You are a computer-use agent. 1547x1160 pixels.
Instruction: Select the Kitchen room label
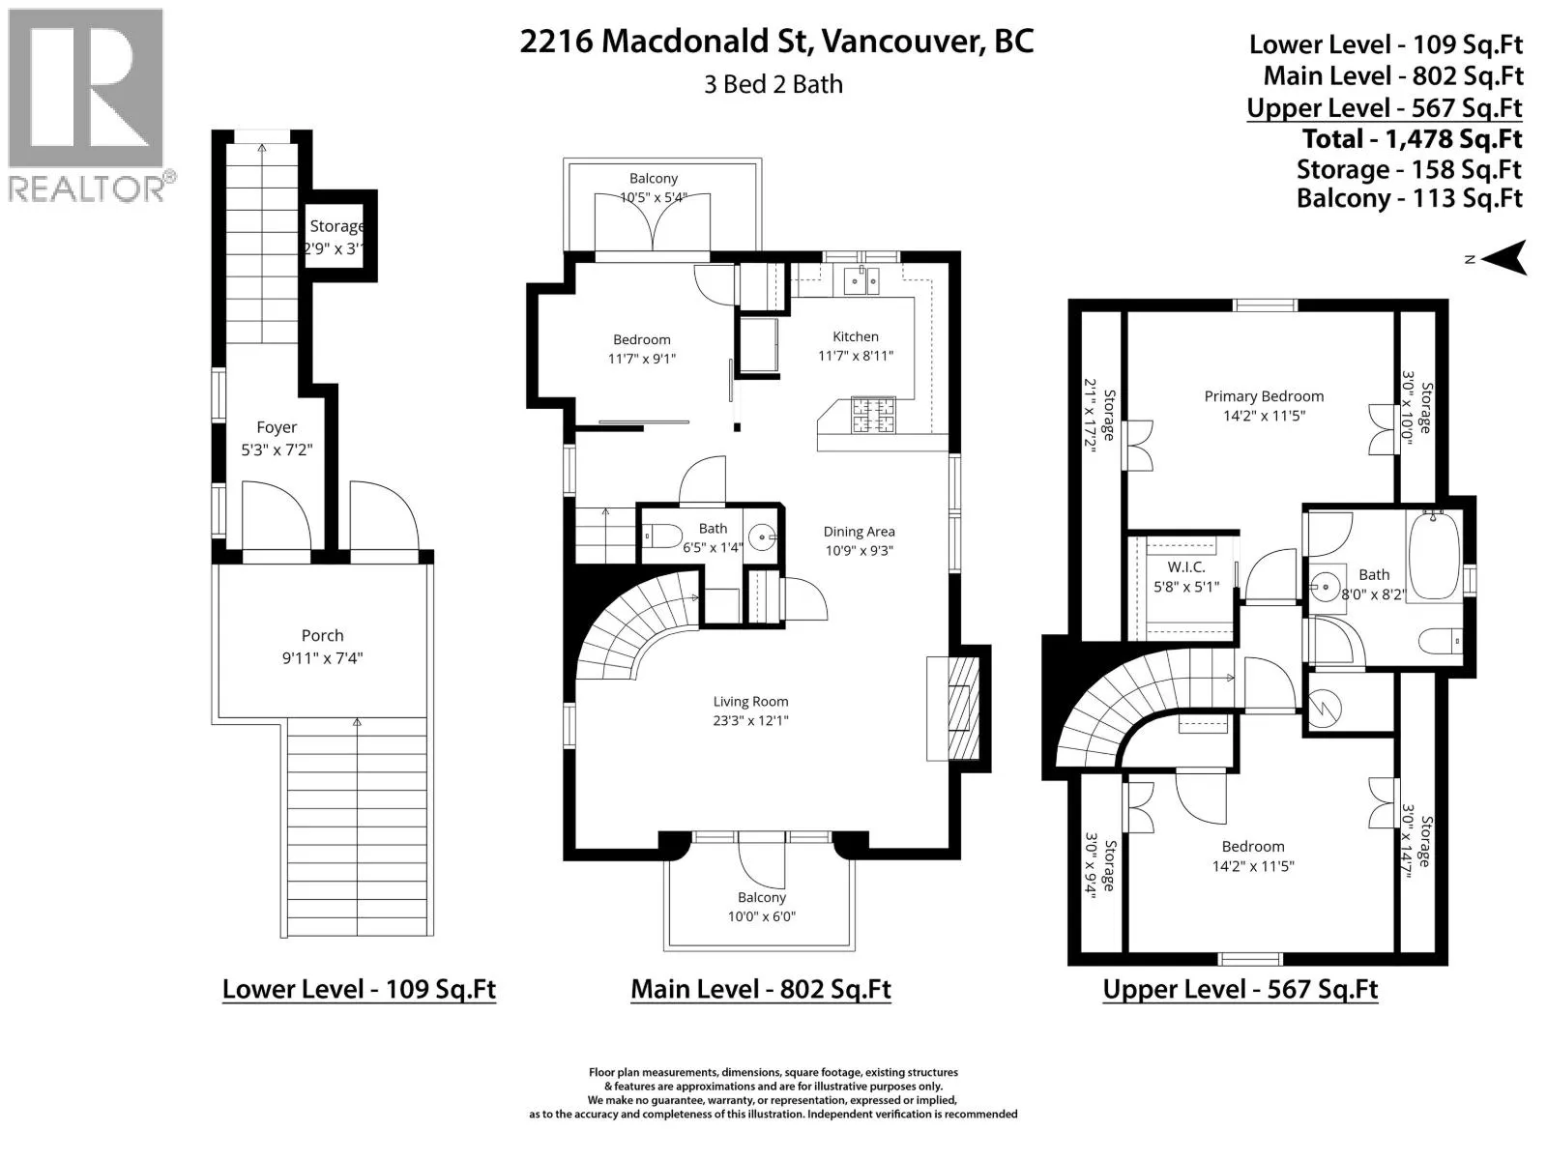tap(856, 336)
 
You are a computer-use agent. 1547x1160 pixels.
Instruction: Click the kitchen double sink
tap(861, 281)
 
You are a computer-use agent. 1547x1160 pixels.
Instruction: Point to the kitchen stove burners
tap(874, 416)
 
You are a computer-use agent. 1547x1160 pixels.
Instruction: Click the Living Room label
tap(750, 702)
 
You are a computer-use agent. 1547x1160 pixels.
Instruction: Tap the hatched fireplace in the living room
tap(963, 709)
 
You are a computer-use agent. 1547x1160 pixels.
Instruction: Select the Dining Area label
tap(860, 532)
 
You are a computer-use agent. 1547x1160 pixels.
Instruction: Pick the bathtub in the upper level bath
tap(1434, 555)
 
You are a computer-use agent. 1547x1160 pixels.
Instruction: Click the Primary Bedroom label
tap(1264, 396)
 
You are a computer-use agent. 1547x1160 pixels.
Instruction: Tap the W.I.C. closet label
tap(1186, 567)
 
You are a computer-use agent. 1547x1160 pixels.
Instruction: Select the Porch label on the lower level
tap(323, 635)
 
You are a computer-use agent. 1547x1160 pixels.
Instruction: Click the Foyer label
tap(277, 427)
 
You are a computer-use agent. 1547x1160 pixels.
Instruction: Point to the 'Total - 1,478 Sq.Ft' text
tap(1412, 139)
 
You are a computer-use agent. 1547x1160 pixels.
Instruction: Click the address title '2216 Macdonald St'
tap(661, 42)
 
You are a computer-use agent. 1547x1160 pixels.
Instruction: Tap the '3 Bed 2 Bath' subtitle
tap(773, 84)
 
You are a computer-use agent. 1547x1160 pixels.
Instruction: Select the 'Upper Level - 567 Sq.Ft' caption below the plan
tap(1240, 989)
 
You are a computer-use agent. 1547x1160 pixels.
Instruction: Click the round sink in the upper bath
tap(1326, 587)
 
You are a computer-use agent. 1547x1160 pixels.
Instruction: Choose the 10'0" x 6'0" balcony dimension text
tap(761, 916)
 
